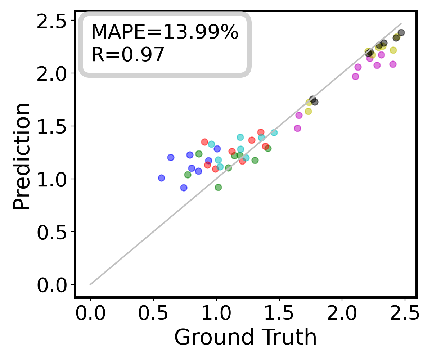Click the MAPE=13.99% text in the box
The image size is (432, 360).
coord(165,32)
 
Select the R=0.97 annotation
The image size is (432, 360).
coord(128,55)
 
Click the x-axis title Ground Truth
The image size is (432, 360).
coord(246,338)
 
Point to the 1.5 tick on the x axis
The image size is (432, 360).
coord(279,313)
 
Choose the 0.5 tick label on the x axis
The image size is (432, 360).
coord(153,313)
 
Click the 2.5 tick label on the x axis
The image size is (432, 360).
coord(405,313)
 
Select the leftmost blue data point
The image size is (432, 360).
coord(161,178)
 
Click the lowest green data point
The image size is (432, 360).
coord(218,187)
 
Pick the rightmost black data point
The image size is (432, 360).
coord(401,32)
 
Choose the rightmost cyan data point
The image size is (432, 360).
coord(274,132)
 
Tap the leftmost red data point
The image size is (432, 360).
coord(204,142)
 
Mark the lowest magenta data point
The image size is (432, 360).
coord(297,128)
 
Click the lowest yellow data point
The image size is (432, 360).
coord(308,111)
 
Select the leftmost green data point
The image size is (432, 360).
coord(188,175)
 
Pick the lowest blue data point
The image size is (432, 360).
coord(184,188)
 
